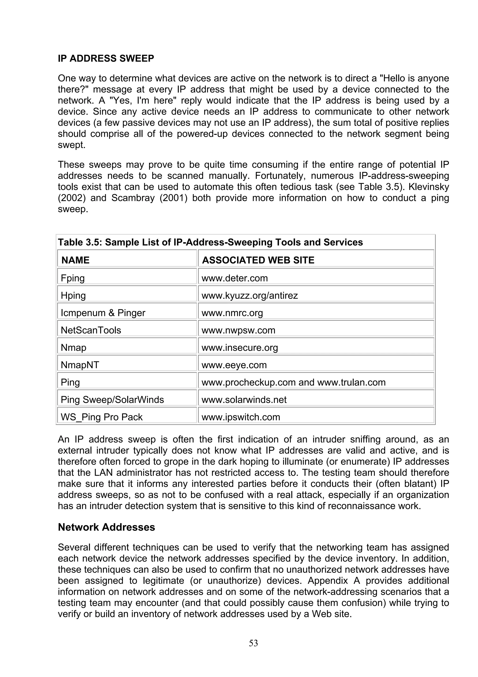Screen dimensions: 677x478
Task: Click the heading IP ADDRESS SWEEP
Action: click(x=106, y=58)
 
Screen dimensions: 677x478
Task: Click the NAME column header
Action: click(x=75, y=260)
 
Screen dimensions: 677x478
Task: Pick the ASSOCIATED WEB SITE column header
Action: click(x=258, y=260)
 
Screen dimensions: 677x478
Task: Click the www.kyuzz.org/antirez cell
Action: click(x=250, y=296)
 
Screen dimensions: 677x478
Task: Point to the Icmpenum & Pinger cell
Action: click(x=103, y=313)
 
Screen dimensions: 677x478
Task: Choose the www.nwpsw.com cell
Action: click(x=238, y=330)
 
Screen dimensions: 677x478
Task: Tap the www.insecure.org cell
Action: click(x=239, y=348)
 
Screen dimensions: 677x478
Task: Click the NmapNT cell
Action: click(x=80, y=365)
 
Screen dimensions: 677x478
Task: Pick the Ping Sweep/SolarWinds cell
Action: click(x=112, y=400)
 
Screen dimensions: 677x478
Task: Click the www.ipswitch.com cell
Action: click(x=241, y=417)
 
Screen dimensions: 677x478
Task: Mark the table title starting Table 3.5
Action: click(x=210, y=242)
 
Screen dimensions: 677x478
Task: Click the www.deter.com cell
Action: click(x=234, y=278)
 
